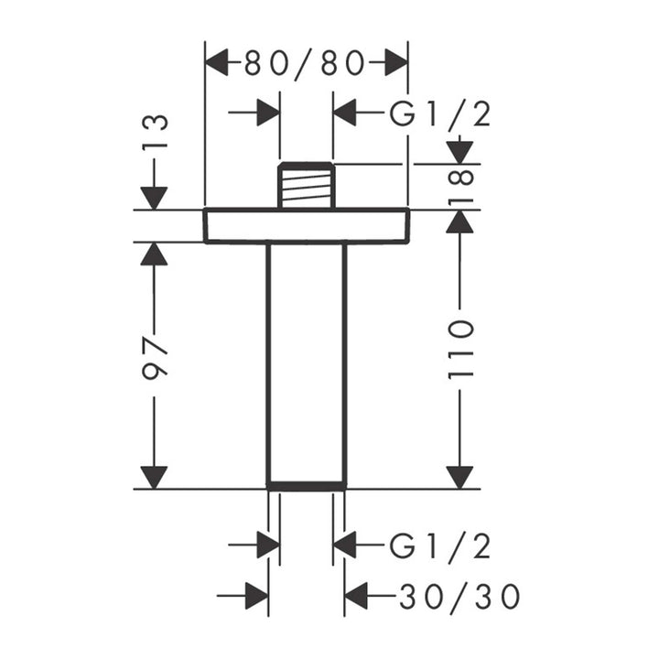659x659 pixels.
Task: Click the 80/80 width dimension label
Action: coord(304,63)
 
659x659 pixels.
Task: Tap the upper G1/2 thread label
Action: coord(439,113)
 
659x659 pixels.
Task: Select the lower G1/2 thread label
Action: coord(439,546)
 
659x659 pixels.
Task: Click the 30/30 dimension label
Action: coord(459,597)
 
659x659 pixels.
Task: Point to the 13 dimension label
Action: coord(155,131)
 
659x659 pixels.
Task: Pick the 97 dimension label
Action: coord(155,357)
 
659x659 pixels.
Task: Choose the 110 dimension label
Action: coord(460,350)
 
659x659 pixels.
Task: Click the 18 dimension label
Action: coord(460,185)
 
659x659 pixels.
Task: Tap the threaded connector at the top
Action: coord(307,185)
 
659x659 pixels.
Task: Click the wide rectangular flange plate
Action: coord(307,225)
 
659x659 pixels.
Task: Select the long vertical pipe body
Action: coord(307,365)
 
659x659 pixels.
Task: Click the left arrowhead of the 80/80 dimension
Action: coord(216,62)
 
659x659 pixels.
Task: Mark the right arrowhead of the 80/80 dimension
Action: coord(396,62)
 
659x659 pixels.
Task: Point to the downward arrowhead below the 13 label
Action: coord(155,198)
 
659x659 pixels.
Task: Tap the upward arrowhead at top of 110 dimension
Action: coord(460,221)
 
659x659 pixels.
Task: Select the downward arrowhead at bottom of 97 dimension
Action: coord(155,478)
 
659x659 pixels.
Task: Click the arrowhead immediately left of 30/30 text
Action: coord(356,596)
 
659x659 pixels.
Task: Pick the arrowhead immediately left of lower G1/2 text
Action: coord(345,546)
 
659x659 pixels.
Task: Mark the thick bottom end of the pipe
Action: coord(307,487)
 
